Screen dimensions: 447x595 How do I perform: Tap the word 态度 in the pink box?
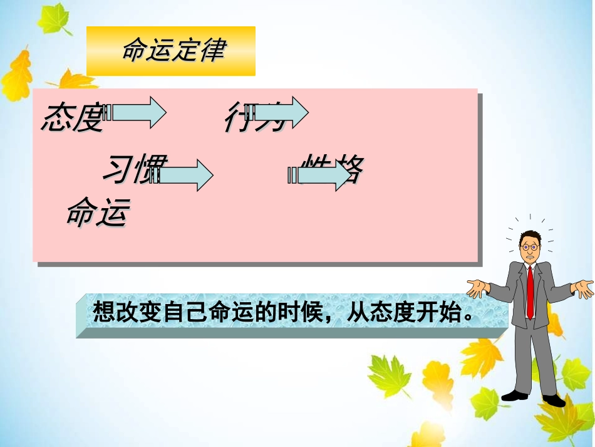point(71,117)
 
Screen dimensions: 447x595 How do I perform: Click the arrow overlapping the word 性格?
point(321,174)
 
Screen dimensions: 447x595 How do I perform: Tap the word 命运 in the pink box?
point(97,213)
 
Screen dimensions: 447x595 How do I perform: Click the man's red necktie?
point(530,291)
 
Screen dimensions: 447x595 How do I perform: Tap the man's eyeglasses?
point(530,247)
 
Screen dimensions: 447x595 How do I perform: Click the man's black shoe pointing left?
point(515,395)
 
